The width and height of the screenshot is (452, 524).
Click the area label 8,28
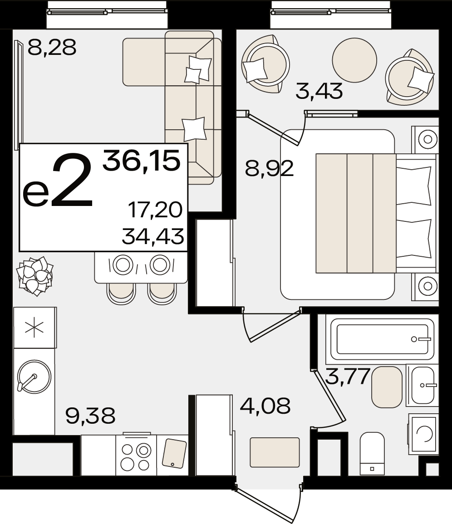pos(52,47)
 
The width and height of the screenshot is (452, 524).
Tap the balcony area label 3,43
pos(319,91)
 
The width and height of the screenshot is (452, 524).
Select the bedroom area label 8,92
pos(269,168)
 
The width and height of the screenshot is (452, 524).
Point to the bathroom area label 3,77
pos(348,377)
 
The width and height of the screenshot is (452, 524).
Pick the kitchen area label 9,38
pos(90,416)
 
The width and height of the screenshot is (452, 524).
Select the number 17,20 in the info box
pos(156,210)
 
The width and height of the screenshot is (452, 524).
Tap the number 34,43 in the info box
pos(153,236)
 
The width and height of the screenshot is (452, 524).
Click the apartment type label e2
pos(58,181)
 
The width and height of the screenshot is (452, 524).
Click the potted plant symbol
pos(35,276)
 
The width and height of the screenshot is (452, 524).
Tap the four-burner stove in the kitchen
pos(136,455)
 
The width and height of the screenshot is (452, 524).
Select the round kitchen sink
pos(34,377)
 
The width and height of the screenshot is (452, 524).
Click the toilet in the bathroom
pos(372,453)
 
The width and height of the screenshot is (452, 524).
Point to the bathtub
pos(382,339)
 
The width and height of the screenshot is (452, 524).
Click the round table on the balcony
pos(354,60)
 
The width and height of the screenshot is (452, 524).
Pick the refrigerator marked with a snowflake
pos(34,328)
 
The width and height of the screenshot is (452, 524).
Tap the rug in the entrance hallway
pos(275,452)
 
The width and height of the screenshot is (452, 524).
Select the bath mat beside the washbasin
pos(387,387)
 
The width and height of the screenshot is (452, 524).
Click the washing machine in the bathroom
pos(423,435)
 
